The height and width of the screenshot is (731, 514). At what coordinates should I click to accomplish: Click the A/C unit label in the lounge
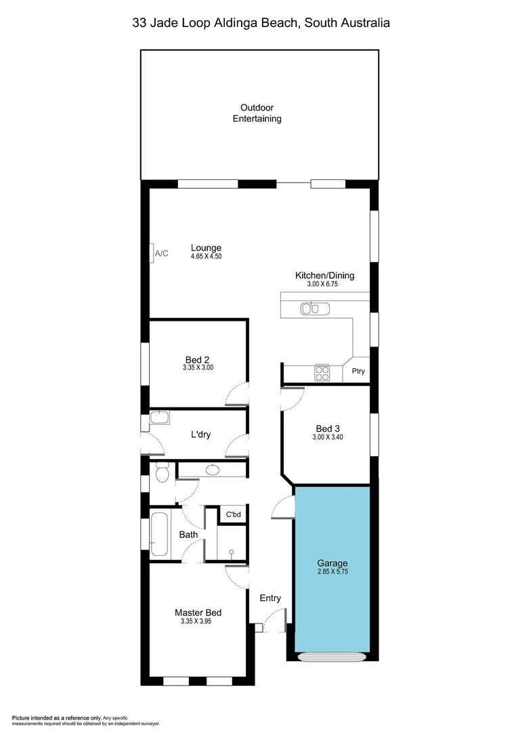click(x=162, y=253)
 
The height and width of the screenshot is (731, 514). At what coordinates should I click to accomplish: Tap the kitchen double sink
click(x=315, y=309)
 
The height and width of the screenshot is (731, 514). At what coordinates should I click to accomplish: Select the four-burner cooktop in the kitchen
click(x=321, y=373)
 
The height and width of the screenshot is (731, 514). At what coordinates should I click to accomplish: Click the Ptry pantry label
click(x=357, y=372)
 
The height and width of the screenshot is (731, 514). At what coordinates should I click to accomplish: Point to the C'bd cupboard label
click(x=233, y=515)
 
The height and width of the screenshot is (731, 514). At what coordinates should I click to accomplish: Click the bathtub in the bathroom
click(x=160, y=535)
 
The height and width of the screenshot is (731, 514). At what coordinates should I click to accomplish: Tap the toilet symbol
click(x=161, y=472)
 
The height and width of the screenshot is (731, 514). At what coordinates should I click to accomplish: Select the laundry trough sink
click(x=160, y=418)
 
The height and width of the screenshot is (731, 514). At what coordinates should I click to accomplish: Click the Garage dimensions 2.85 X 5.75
click(x=333, y=572)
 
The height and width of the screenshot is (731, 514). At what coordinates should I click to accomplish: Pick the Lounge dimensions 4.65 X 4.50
click(x=206, y=257)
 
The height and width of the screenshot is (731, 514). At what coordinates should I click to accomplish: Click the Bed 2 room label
click(x=198, y=359)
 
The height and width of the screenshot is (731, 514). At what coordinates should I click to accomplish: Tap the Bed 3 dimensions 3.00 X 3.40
click(x=328, y=437)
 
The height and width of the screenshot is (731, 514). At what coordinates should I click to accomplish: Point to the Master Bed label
click(x=198, y=613)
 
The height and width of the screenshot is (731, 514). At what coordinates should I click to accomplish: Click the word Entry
click(x=270, y=598)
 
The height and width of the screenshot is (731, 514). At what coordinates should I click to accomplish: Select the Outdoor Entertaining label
click(x=257, y=113)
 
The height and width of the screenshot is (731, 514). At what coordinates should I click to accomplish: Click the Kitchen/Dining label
click(x=324, y=275)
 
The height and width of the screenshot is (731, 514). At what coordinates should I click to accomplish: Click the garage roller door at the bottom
click(x=332, y=656)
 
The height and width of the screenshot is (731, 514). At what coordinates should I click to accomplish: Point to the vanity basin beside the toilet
click(x=213, y=469)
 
